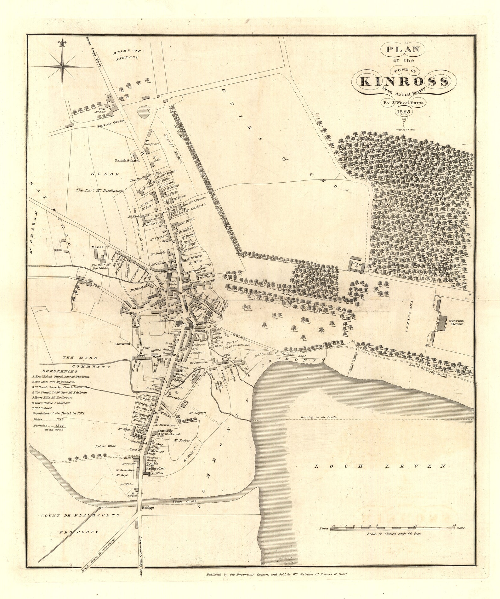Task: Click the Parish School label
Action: click(128, 160)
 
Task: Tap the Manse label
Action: click(96, 247)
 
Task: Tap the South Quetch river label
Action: click(184, 501)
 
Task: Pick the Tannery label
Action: click(165, 431)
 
